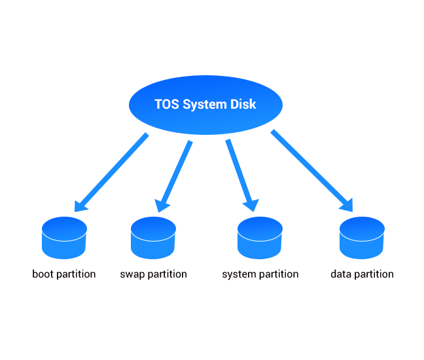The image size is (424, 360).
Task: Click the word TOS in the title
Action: click(x=166, y=104)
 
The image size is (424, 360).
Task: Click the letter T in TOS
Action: click(x=158, y=104)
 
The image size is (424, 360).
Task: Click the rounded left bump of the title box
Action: click(x=134, y=105)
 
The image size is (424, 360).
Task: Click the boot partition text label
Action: click(x=64, y=274)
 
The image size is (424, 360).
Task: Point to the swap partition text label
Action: click(x=154, y=274)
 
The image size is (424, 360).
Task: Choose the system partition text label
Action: click(x=260, y=274)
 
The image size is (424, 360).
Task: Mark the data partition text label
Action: click(x=362, y=274)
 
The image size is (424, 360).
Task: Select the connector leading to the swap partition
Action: click(x=177, y=173)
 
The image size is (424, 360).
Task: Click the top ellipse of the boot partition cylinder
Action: click(x=64, y=229)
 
